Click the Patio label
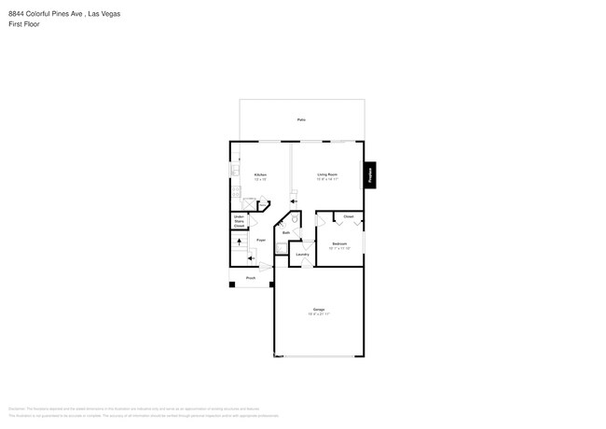(301, 120)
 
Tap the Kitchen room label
(261, 175)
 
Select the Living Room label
(326, 175)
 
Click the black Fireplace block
(370, 173)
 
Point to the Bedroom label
(338, 244)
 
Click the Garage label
(319, 310)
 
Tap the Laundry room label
(302, 254)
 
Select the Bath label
(286, 232)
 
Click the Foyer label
(261, 240)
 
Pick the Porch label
(251, 278)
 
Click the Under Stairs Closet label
(240, 221)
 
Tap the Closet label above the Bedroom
(348, 216)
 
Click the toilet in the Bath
(295, 220)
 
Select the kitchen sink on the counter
(234, 172)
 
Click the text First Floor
(22, 24)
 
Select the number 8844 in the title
(15, 14)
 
